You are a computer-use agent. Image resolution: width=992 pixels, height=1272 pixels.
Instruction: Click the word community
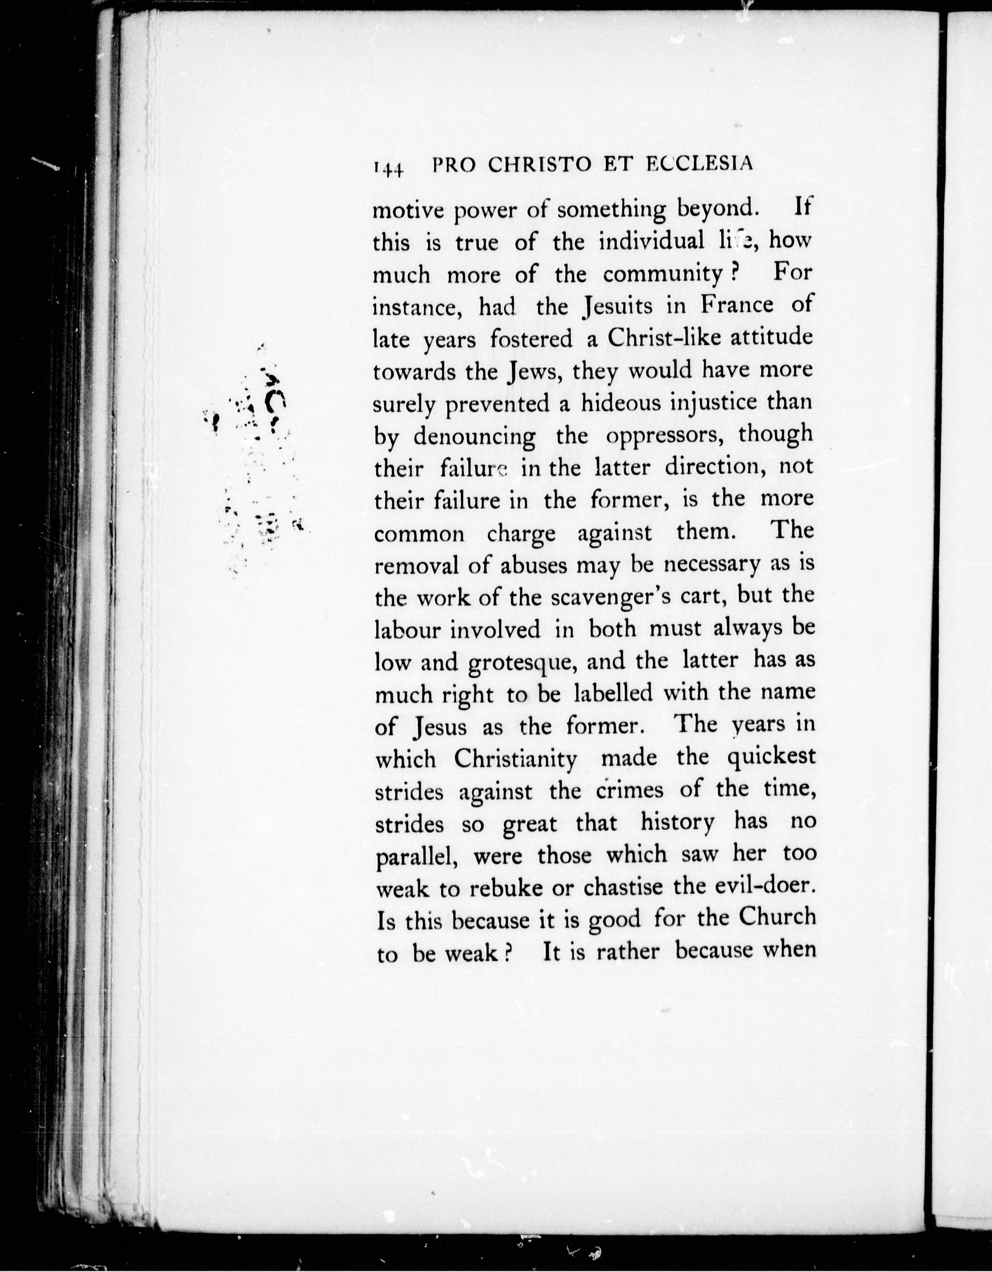tap(662, 274)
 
